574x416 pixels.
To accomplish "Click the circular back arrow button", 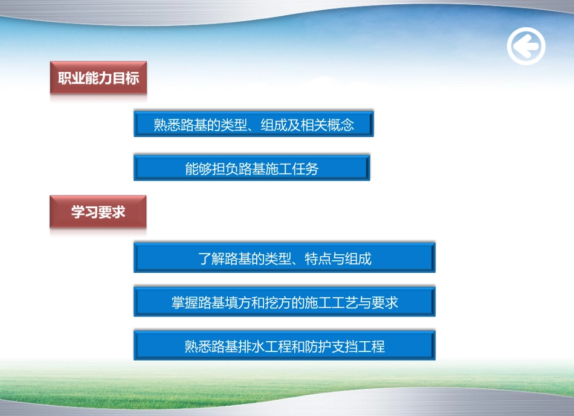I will pos(526,46).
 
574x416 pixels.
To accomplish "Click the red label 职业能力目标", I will pos(98,78).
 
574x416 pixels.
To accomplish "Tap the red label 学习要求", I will pos(98,212).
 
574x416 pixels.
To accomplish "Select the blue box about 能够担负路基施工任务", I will pos(251,168).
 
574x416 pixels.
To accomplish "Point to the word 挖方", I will pos(277,302).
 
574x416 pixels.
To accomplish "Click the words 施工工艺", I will pos(330,302).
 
